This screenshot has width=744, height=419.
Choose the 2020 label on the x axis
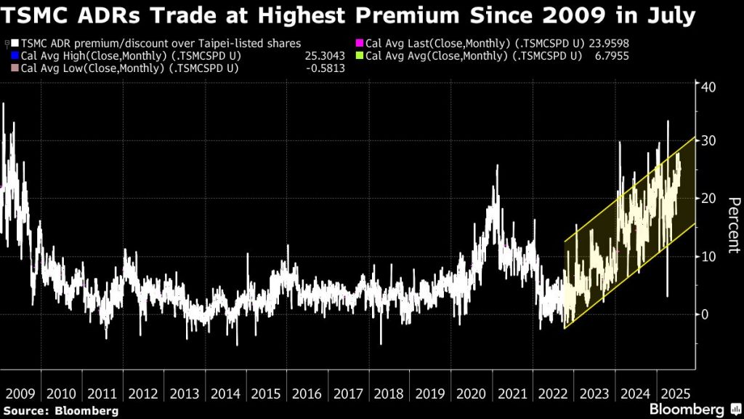tap(472, 394)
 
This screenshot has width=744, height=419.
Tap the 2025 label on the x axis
tap(674, 394)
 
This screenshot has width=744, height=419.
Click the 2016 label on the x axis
tap(307, 394)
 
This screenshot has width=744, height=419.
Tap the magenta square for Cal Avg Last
tap(359, 43)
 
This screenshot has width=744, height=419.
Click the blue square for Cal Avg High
tap(15, 55)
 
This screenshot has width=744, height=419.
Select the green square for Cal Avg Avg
tap(359, 55)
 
